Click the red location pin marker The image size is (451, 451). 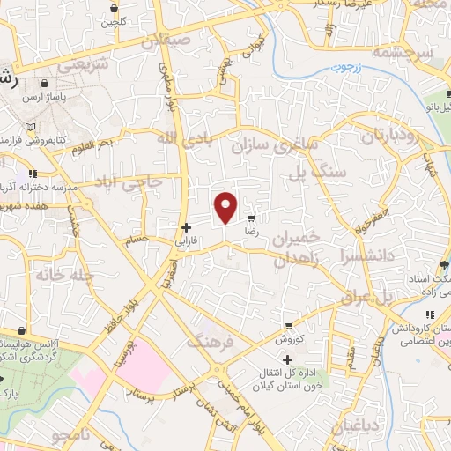[226, 206]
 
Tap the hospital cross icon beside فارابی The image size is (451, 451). [186, 226]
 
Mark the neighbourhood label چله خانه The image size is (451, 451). [64, 275]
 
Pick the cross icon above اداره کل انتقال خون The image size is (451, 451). [287, 359]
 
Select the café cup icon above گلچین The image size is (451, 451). [115, 8]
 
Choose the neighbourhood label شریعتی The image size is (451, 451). [83, 64]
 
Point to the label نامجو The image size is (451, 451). [71, 435]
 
